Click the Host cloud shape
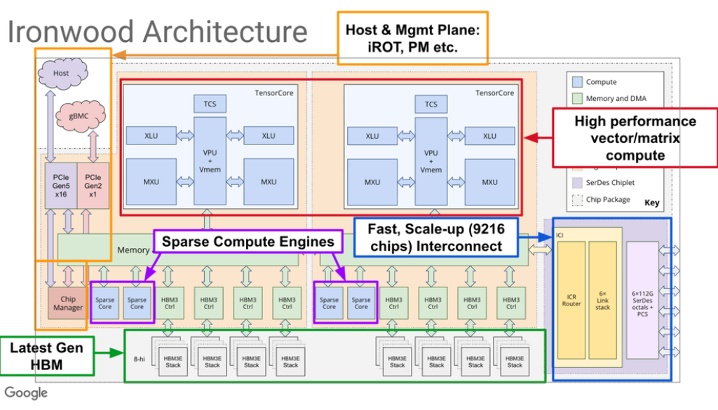pos(61,73)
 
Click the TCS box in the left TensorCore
pos(210,104)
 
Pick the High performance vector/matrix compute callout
pos(635,138)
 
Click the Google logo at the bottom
pos(27,392)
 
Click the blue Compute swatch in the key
pos(577,82)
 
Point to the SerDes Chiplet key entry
pos(609,182)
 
